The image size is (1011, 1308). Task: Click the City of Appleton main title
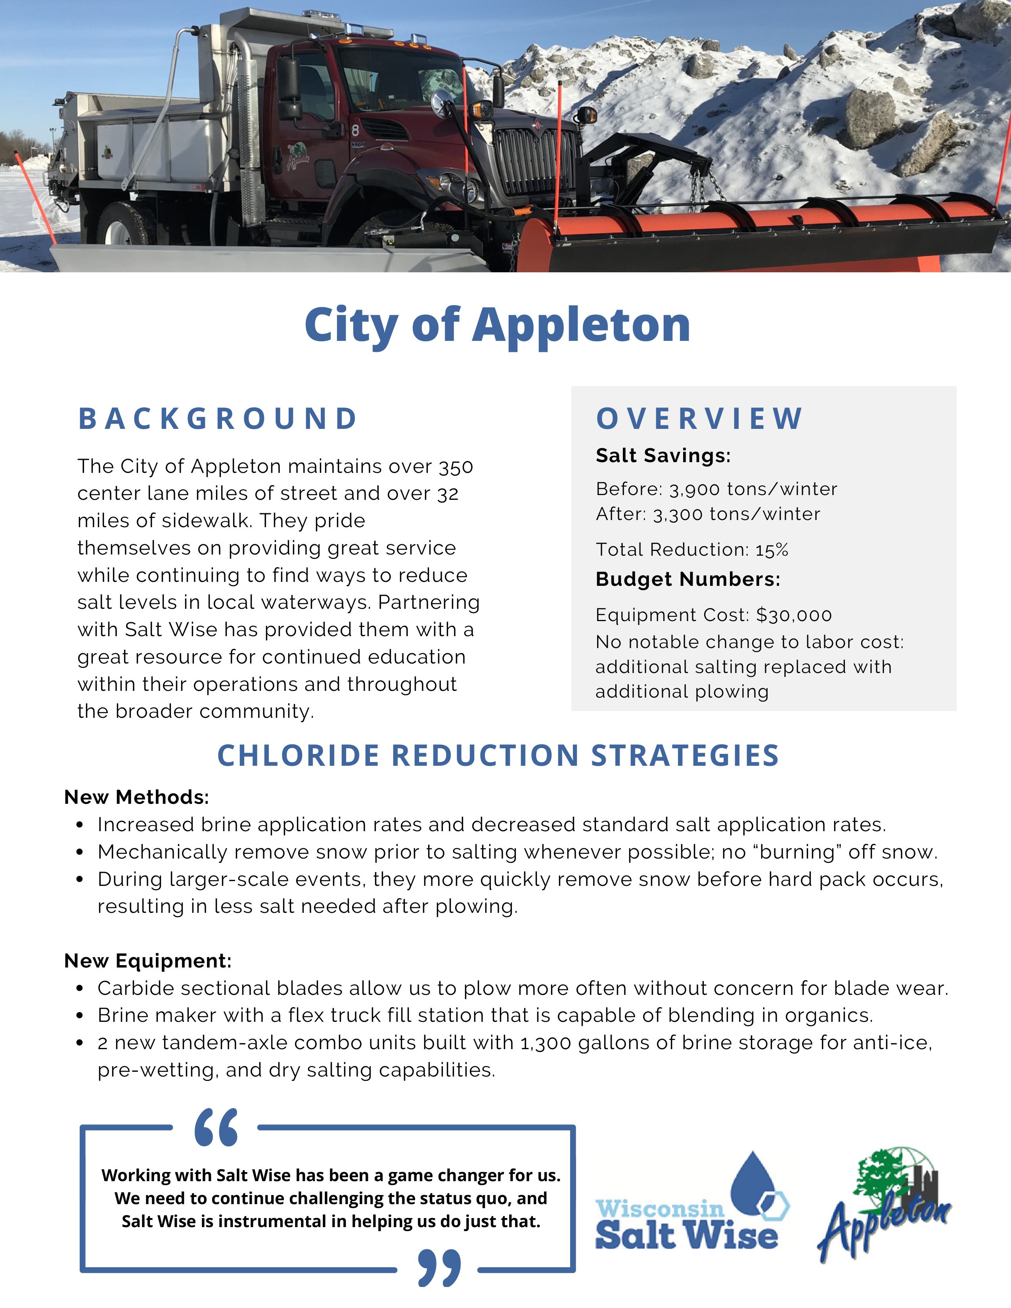click(x=497, y=325)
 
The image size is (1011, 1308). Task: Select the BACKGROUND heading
click(x=218, y=419)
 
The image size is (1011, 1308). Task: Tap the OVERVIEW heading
click(x=699, y=419)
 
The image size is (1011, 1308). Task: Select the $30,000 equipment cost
click(x=794, y=615)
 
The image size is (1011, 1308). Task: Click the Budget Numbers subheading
click(x=687, y=579)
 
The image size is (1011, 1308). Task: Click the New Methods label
click(x=136, y=797)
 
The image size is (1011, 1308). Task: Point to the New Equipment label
click(x=147, y=961)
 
